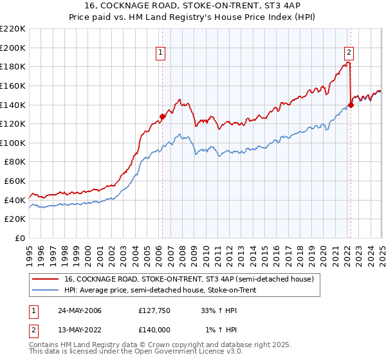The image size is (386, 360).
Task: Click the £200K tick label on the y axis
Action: (x=14, y=48)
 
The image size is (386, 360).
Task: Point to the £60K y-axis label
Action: (x=15, y=181)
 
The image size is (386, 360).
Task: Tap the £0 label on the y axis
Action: (x=21, y=238)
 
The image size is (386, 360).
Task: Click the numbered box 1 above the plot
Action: (x=160, y=53)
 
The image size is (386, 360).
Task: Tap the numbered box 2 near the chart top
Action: (x=349, y=53)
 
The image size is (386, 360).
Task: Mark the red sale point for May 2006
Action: (x=163, y=116)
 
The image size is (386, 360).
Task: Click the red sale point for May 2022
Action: (x=351, y=105)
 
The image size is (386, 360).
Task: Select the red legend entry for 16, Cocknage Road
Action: (x=188, y=279)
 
